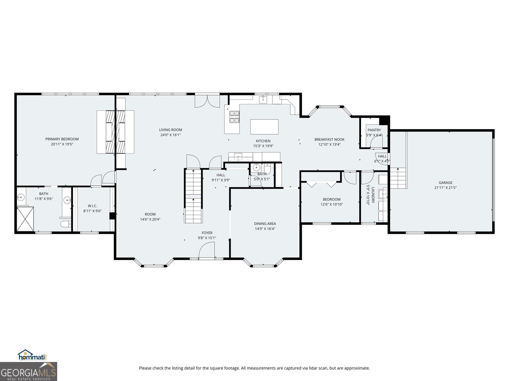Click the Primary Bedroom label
click(x=62, y=139)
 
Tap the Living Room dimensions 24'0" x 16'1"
click(x=171, y=135)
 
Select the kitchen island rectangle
click(x=264, y=127)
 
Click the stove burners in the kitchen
click(x=234, y=117)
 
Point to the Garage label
click(x=445, y=183)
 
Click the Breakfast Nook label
click(x=329, y=139)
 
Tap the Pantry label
click(x=374, y=130)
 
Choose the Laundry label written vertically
click(x=373, y=195)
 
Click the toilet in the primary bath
click(x=66, y=224)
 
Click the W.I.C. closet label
click(x=92, y=206)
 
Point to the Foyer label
click(x=207, y=233)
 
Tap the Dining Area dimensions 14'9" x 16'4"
click(x=265, y=229)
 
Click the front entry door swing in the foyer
click(x=206, y=250)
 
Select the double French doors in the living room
click(x=207, y=101)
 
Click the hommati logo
click(x=32, y=355)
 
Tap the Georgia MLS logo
click(x=28, y=371)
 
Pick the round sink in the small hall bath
click(x=256, y=167)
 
